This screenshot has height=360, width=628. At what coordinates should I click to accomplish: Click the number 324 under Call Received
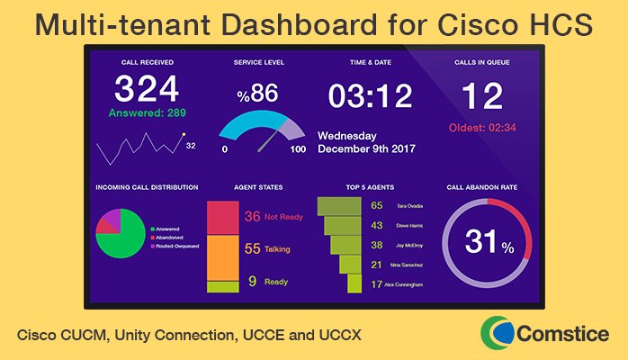pos(147,90)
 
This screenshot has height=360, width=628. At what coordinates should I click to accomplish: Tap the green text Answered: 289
pos(147,114)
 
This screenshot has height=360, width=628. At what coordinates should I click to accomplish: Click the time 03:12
pos(370,95)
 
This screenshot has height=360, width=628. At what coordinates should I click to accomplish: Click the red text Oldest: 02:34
pos(482,127)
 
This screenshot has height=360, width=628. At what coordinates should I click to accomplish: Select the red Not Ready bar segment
pos(222,217)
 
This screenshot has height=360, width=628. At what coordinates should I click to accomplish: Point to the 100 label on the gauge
pos(298,149)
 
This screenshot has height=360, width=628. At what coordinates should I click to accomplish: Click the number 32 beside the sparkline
pos(190,144)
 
